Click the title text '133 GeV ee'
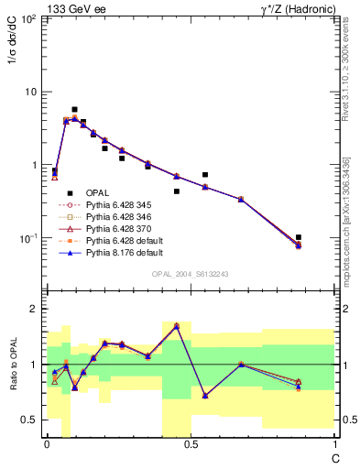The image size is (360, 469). click(75, 8)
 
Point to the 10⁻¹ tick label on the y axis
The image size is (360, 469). click(27, 238)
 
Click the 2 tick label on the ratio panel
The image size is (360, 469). click(33, 309)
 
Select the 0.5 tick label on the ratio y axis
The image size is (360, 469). click(29, 420)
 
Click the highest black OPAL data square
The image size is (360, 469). click(74, 109)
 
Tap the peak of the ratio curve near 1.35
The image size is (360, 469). click(177, 325)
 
